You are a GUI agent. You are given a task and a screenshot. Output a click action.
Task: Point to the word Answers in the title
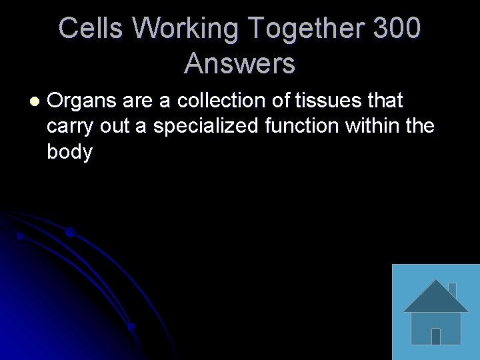click(x=240, y=64)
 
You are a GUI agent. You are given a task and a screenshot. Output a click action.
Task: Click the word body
click(x=69, y=152)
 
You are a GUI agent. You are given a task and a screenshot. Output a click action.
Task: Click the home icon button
click(x=435, y=312)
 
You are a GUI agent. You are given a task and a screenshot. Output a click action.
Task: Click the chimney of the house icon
click(x=452, y=289)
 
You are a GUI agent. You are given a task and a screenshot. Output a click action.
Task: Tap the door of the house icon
click(x=436, y=336)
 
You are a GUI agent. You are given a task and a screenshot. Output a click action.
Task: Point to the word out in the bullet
click(x=114, y=126)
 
